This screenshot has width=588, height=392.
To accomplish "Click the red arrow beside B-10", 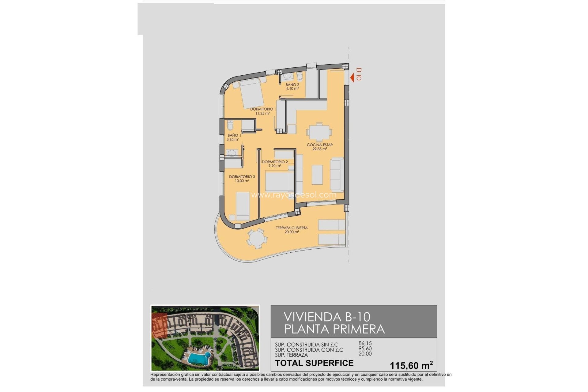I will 352,78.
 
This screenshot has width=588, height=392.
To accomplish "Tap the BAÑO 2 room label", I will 292,85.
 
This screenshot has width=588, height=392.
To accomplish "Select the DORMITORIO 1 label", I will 263,109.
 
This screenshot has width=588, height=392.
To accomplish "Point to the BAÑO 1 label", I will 234,135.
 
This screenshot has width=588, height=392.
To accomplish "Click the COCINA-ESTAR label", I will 319,145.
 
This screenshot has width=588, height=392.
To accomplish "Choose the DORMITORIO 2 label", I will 275,162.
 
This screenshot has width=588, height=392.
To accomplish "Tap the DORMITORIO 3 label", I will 242,177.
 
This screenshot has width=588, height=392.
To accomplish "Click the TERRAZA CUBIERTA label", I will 292,228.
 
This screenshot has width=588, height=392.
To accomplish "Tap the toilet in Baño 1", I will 230,125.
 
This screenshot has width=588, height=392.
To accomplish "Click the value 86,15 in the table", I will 365,344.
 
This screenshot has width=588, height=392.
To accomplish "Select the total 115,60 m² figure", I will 411,365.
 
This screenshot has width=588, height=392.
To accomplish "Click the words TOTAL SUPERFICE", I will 314,363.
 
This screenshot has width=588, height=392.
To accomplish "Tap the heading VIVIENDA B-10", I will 327,317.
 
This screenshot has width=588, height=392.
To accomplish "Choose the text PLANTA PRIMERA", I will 334,329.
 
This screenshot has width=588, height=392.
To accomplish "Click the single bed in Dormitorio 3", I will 243,206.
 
